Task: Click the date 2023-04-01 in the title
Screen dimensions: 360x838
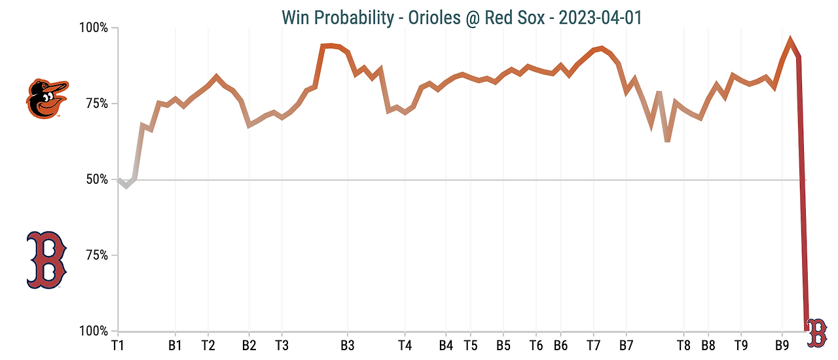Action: click(596, 17)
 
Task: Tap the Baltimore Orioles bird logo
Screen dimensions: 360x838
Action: click(46, 99)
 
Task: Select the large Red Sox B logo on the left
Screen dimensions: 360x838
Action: click(46, 260)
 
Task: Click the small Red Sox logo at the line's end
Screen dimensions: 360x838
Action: click(816, 333)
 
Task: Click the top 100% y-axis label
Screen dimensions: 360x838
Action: click(94, 28)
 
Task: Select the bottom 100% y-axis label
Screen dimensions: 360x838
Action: click(94, 331)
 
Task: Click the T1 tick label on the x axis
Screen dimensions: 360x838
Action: click(118, 345)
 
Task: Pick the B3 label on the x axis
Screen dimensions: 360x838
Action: click(348, 345)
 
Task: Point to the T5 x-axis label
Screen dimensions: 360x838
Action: click(470, 345)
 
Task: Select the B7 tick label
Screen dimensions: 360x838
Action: click(627, 345)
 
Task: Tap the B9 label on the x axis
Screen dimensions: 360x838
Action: click(782, 345)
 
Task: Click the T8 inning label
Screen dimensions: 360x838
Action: click(683, 345)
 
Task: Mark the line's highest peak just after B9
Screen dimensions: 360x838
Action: click(790, 41)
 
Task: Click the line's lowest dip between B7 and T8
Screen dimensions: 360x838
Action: click(667, 141)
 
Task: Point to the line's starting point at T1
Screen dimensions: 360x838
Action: click(118, 179)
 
